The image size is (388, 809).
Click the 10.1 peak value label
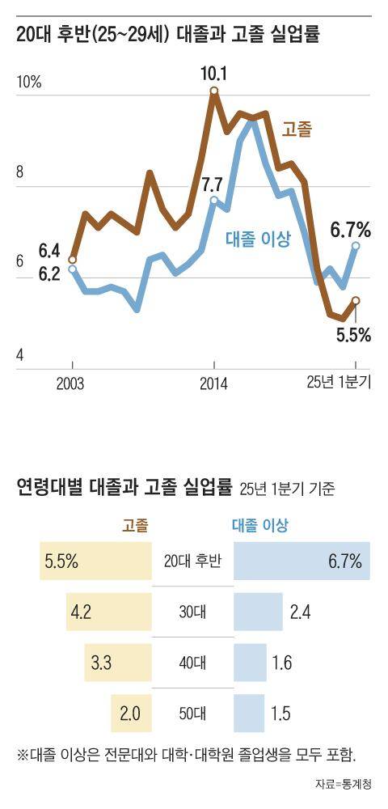[214, 74]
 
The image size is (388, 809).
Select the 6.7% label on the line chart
[351, 230]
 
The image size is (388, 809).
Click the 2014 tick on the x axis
[214, 383]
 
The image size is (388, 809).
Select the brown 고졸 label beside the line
[297, 129]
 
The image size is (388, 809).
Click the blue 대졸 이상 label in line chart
[257, 238]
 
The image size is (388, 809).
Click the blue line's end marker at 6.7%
[356, 245]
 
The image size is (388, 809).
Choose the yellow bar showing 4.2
[109, 612]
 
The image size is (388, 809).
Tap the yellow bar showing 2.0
[131, 713]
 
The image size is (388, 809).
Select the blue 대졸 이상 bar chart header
[260, 525]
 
